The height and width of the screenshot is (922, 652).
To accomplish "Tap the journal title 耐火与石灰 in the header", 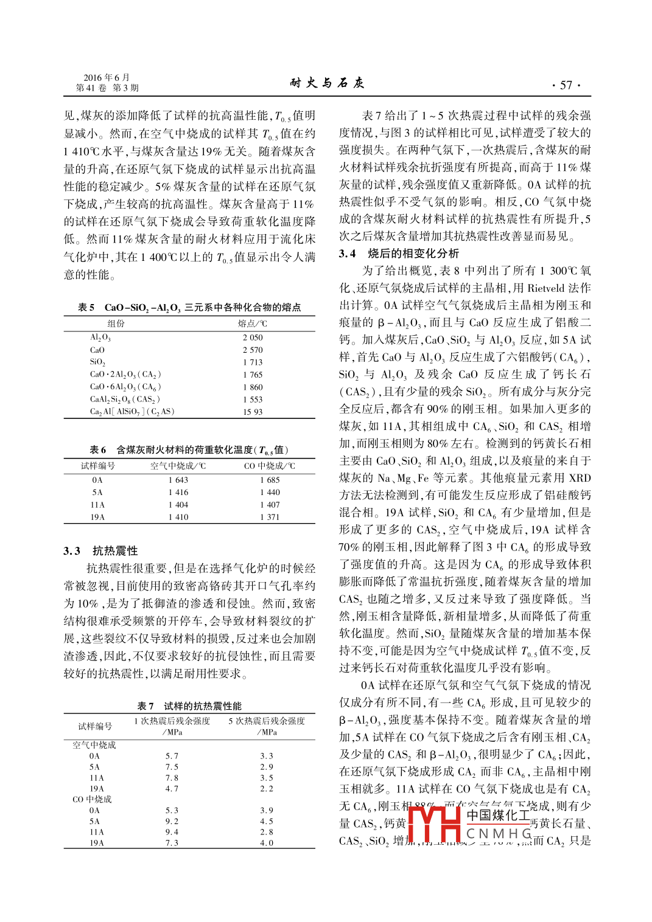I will click(327, 83).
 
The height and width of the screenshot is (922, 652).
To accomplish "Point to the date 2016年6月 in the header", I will click(107, 77).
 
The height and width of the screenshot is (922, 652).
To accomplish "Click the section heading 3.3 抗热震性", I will click(100, 551).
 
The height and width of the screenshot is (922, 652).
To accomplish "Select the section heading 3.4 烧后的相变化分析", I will click(399, 254).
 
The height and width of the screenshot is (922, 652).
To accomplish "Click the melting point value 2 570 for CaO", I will click(253, 350).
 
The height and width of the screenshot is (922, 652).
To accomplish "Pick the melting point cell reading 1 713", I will click(253, 362).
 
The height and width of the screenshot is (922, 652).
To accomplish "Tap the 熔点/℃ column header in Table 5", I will click(252, 324).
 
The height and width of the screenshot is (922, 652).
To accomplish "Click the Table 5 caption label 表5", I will click(86, 308).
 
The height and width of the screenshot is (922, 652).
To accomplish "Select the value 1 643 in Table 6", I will click(178, 480).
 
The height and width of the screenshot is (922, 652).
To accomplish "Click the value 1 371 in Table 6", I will click(270, 517).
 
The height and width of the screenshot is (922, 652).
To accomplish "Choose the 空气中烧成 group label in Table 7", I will click(94, 745).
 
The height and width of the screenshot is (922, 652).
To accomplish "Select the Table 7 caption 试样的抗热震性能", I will click(203, 706).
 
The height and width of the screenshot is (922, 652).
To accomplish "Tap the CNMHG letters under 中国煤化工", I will click(499, 833).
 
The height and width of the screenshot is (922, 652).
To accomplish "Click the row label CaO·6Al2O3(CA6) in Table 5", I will click(125, 387).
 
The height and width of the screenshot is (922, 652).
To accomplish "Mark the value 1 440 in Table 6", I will click(270, 493).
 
